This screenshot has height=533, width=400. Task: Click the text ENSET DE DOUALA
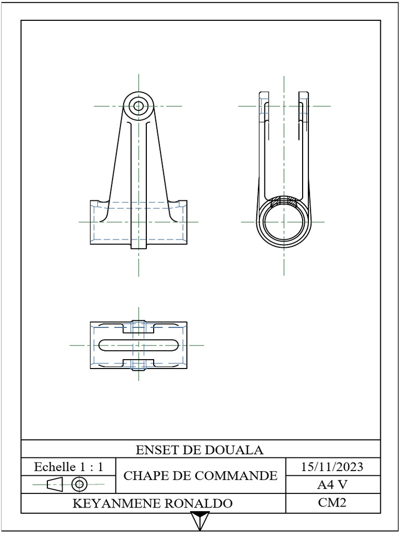pyautogui.click(x=199, y=450)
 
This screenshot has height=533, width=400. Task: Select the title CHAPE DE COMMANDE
pyautogui.click(x=201, y=475)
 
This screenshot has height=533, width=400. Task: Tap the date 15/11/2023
pyautogui.click(x=332, y=466)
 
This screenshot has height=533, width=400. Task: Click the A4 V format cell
pyautogui.click(x=332, y=485)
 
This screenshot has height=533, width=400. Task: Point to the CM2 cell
pyautogui.click(x=332, y=502)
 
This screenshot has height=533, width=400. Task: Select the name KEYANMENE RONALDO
pyautogui.click(x=152, y=503)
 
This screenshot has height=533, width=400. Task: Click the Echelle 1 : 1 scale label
pyautogui.click(x=68, y=467)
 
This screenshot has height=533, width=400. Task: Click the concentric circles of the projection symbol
pyautogui.click(x=79, y=485)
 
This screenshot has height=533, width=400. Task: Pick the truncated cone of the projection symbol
pyautogui.click(x=55, y=485)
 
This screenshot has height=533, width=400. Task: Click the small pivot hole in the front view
pyautogui.click(x=139, y=106)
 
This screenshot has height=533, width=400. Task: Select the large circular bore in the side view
pyautogui.click(x=284, y=222)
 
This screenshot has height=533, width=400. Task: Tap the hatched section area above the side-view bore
pyautogui.click(x=284, y=200)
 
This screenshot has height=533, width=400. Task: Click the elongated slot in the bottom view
pyautogui.click(x=139, y=345)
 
